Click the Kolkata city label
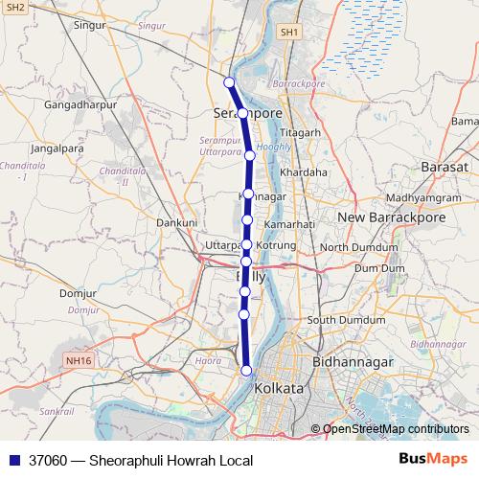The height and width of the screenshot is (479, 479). pyautogui.click(x=279, y=390)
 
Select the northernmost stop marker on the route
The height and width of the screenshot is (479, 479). pyautogui.click(x=229, y=81)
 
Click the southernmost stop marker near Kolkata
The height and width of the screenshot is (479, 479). pyautogui.click(x=246, y=371)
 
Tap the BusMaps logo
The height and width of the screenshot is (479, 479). pyautogui.click(x=432, y=460)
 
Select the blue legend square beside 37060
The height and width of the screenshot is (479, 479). pyautogui.click(x=12, y=461)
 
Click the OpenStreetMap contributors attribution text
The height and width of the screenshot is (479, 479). pyautogui.click(x=396, y=429)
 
